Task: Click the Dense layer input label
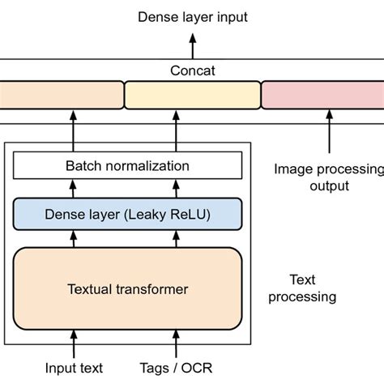[192, 16]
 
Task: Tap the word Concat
[192, 70]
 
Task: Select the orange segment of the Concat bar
[61, 95]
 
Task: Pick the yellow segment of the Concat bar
[192, 95]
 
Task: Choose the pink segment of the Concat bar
[322, 95]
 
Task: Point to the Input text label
[74, 368]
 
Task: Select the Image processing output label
[327, 177]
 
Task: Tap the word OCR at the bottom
[194, 368]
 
